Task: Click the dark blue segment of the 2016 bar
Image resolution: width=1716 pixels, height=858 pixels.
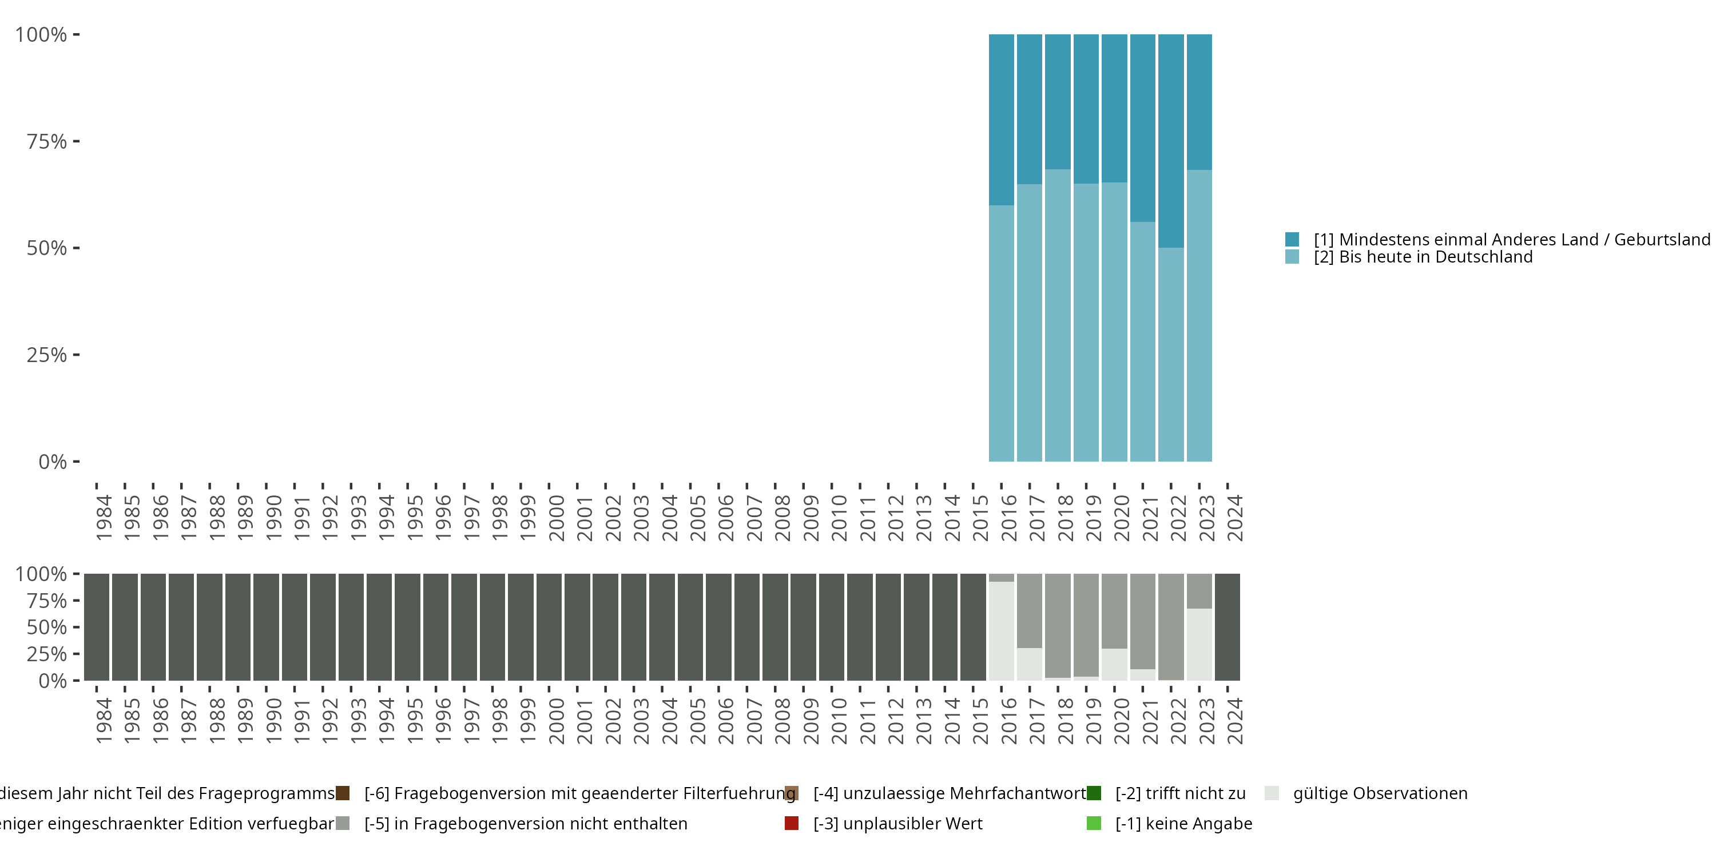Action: [1001, 120]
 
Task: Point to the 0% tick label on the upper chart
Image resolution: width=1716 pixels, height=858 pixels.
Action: [53, 462]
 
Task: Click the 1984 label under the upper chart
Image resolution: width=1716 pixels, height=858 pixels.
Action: [104, 518]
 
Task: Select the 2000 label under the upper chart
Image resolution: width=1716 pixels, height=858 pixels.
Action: [555, 518]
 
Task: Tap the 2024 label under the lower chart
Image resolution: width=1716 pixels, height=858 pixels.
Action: [1234, 721]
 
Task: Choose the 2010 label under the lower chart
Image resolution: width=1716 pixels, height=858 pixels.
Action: [839, 721]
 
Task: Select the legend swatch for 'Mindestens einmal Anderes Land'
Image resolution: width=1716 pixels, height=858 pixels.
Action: [1292, 239]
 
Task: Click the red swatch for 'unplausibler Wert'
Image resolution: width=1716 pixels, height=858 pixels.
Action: [792, 823]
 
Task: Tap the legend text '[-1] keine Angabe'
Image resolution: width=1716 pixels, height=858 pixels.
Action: [1183, 823]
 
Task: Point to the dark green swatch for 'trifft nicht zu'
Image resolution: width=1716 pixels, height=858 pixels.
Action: [1094, 793]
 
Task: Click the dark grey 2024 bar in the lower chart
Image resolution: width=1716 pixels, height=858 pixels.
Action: [1228, 627]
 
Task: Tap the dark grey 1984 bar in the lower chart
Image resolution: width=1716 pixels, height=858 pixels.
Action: [97, 627]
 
